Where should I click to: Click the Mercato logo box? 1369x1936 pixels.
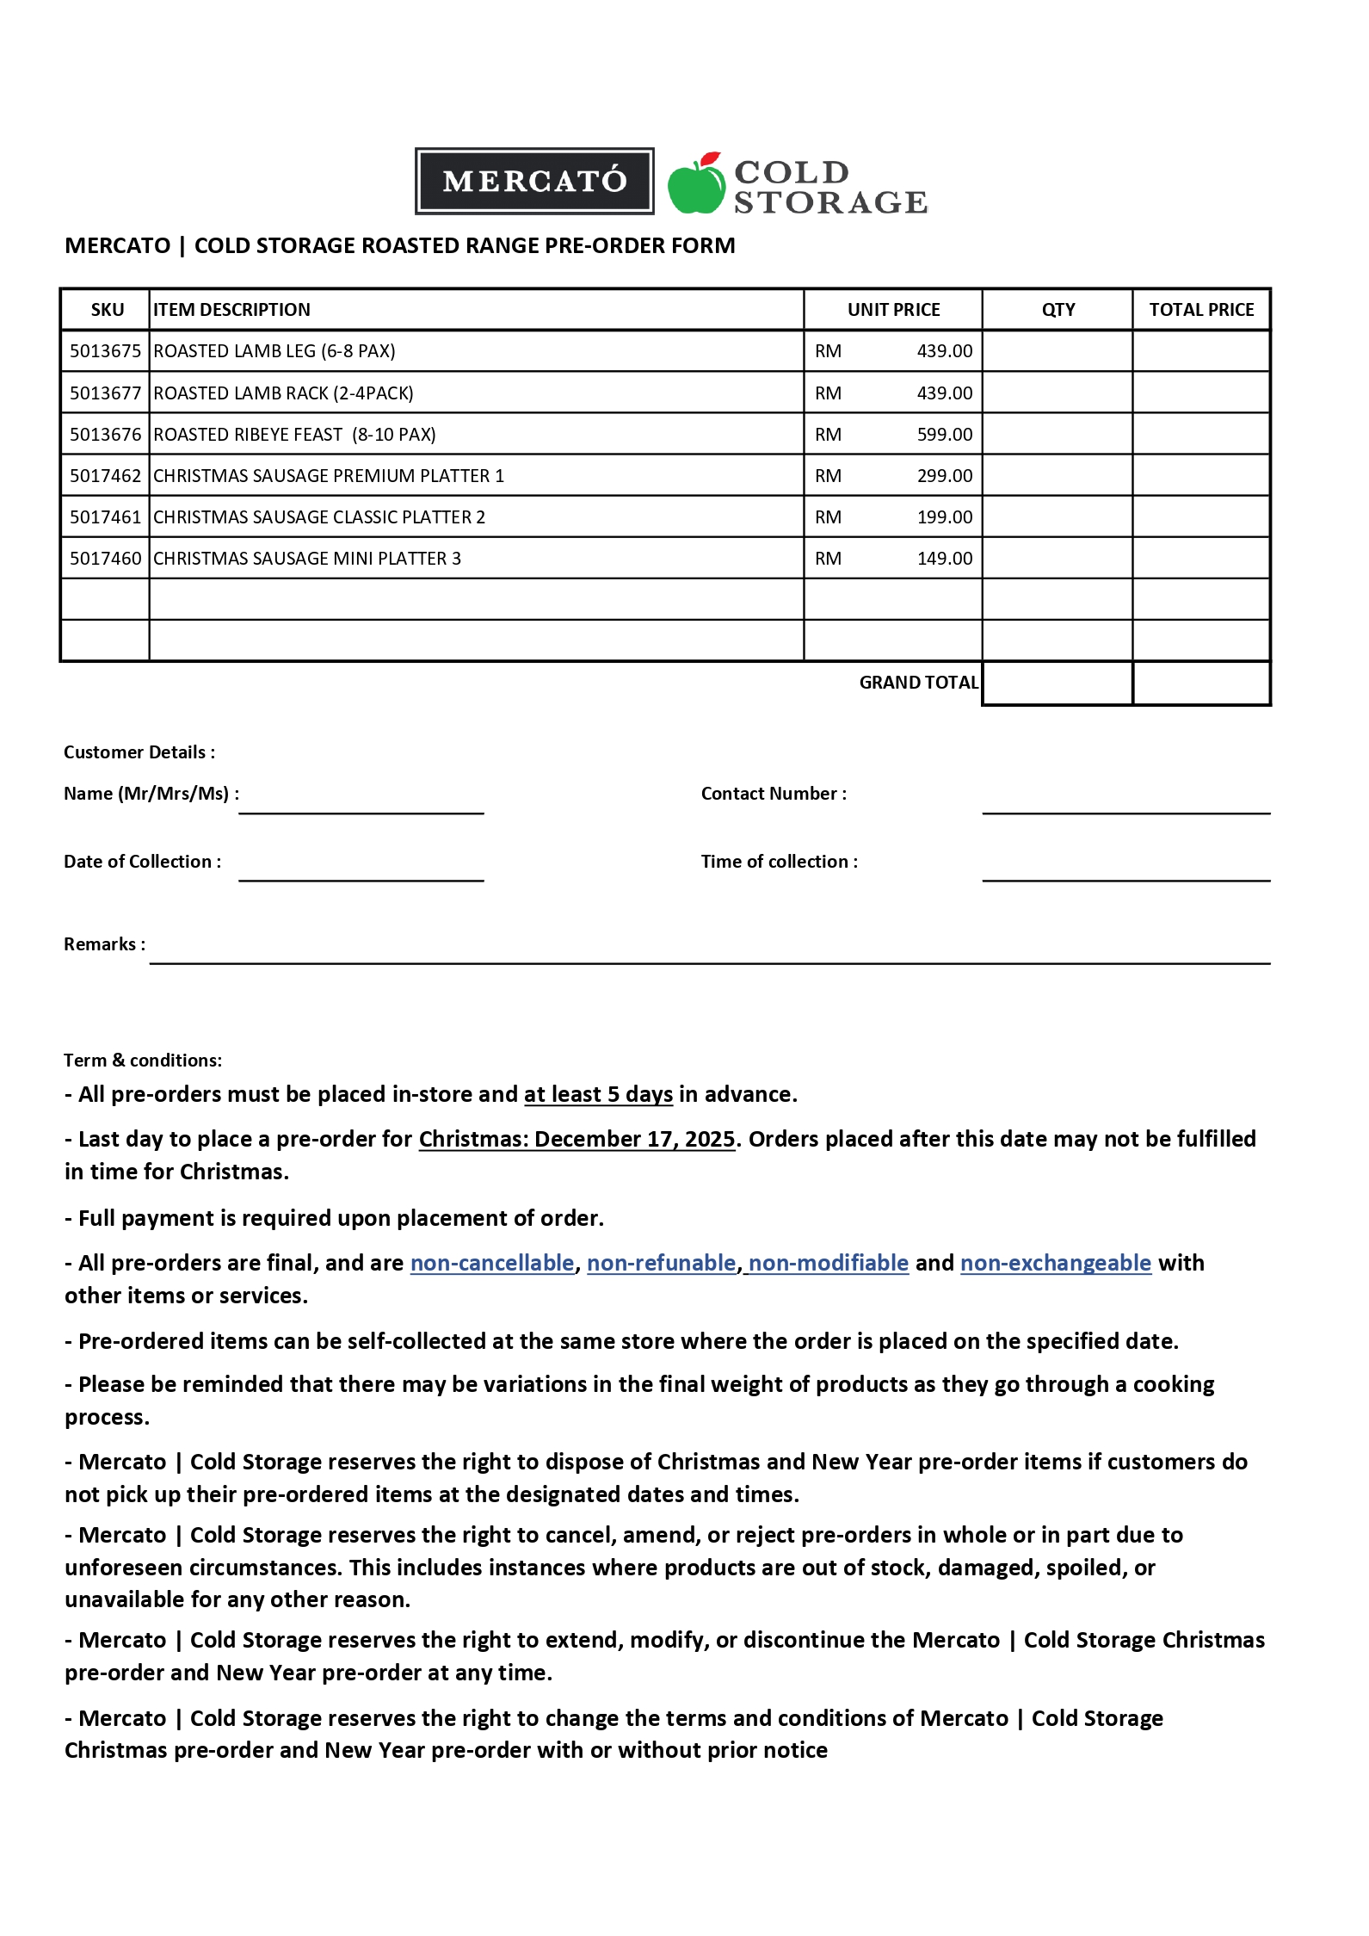pos(534,181)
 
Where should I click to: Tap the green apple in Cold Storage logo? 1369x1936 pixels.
pos(695,186)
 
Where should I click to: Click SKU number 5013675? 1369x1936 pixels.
pos(105,351)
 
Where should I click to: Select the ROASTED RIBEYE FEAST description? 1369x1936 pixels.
pos(294,435)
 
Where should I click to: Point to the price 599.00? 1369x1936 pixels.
pos(944,435)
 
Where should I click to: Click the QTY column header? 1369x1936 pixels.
pos(1058,310)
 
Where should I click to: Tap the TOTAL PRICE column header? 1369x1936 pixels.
pos(1201,310)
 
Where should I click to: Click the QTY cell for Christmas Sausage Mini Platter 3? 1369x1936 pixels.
pos(1057,559)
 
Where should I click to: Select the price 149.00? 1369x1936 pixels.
pos(944,559)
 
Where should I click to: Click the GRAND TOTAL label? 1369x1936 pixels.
pos(918,683)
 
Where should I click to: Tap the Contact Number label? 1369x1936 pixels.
pos(773,794)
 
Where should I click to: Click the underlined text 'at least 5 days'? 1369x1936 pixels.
pos(598,1094)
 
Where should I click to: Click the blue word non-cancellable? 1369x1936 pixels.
pos(491,1263)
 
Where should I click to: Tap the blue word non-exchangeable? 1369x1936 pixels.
pos(1055,1263)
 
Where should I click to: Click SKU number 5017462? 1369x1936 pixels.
pos(105,476)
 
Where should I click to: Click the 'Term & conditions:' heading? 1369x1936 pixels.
pos(143,1061)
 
